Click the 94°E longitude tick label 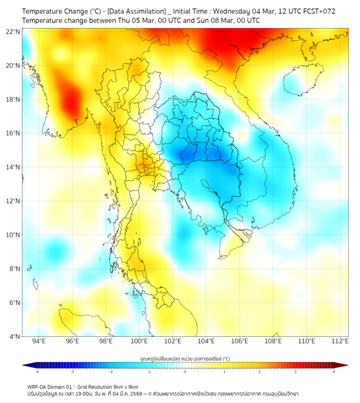pos(39,341)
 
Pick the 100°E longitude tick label pos(140,341)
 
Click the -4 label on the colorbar pos(37,372)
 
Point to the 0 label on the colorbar pos(185,372)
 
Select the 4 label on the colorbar pos(333,372)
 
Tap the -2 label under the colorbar pos(111,372)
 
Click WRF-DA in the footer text pos(38,386)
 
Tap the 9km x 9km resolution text pos(124,386)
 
